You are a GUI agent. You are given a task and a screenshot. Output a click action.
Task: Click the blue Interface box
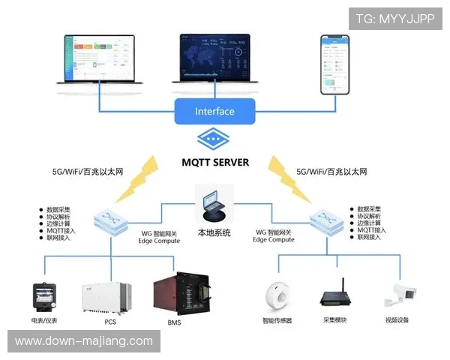point(214,112)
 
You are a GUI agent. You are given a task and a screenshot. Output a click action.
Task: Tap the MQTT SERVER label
point(215,161)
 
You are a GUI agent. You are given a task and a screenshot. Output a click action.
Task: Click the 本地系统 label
point(215,232)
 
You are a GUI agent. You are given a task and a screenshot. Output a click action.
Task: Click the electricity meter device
point(43,297)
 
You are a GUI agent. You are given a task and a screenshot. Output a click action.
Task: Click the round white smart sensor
point(277,296)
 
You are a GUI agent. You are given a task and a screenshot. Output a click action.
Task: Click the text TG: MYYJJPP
point(395,18)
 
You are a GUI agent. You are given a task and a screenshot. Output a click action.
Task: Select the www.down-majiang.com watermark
point(84,341)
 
